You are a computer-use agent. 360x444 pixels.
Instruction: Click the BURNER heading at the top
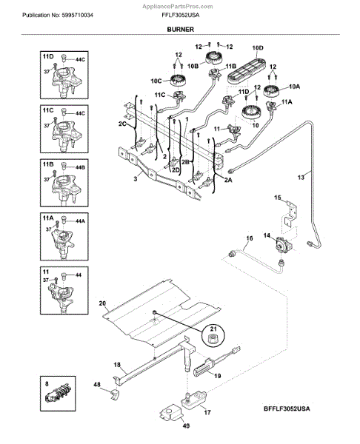pyautogui.click(x=180, y=29)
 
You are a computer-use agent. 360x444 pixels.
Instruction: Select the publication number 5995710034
pyautogui.click(x=77, y=15)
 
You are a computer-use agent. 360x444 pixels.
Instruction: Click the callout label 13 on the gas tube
pyautogui.click(x=301, y=178)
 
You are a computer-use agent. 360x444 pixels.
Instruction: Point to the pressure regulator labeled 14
pyautogui.click(x=281, y=244)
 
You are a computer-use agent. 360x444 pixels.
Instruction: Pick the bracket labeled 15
pyautogui.click(x=290, y=213)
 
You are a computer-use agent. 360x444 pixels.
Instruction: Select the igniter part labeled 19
pyautogui.click(x=204, y=368)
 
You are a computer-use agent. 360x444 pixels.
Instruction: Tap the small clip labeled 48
pyautogui.click(x=115, y=394)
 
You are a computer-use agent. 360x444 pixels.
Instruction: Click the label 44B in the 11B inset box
pyautogui.click(x=80, y=167)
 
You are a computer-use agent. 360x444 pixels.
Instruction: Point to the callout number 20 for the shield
pyautogui.click(x=102, y=303)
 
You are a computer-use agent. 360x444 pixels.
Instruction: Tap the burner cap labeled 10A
pyautogui.click(x=271, y=91)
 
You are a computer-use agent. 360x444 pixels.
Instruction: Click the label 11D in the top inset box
pyautogui.click(x=48, y=57)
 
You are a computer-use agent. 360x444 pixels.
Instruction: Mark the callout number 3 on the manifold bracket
pyautogui.click(x=136, y=179)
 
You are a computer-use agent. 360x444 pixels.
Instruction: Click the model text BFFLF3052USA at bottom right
pyautogui.click(x=287, y=408)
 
